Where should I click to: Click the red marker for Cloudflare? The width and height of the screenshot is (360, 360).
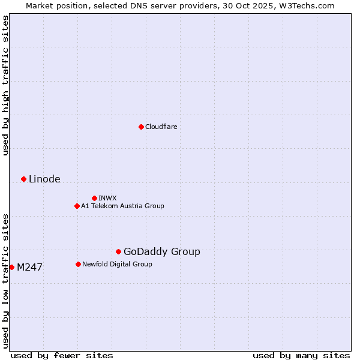141,127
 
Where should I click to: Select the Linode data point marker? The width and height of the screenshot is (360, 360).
23,179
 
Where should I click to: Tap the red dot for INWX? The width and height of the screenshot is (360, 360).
94,198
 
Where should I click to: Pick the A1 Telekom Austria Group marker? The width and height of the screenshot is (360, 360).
77,206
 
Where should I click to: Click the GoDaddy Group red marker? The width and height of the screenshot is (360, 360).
118,251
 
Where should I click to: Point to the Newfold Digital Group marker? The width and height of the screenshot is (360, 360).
78,264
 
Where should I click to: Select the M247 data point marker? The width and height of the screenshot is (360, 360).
11,267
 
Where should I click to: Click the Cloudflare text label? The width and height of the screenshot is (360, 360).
161,127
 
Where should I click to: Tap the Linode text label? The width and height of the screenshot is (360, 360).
44,179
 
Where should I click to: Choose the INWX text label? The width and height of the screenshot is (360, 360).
107,198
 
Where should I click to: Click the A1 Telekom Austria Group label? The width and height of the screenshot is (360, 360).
122,206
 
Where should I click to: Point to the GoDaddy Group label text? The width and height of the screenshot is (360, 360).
162,252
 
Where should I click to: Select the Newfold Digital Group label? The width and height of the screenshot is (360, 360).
117,264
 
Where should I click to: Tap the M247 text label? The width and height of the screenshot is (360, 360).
29,268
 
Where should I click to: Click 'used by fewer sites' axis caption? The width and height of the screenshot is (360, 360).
62,355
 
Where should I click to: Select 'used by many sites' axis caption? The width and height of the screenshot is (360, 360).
301,355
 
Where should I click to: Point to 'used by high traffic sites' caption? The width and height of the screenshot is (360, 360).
5,85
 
